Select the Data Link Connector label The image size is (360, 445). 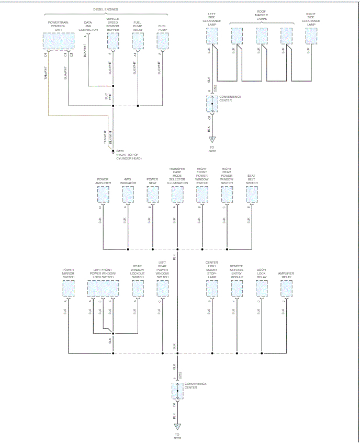coord(88,27)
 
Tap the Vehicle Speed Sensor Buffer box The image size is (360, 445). coord(113,41)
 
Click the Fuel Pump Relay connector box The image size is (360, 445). coord(138,41)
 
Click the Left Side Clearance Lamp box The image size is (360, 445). coord(212,36)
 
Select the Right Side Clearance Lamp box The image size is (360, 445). coord(311,36)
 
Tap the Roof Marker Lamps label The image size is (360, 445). coord(262,16)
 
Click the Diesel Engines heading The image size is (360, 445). coord(105,9)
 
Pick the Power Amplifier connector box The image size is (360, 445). coord(103,195)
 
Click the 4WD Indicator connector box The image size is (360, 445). coord(128,195)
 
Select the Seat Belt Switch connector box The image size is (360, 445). coord(252,195)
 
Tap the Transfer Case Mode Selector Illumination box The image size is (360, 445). coord(177,195)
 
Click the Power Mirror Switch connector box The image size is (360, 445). coord(68,289)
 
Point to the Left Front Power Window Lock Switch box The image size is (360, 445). coord(103,289)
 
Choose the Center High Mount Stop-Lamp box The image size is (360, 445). coord(212,289)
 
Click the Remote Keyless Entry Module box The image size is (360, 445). coord(237,289)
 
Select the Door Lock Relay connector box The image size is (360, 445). coord(262,289)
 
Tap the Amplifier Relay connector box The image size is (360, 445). coord(286,289)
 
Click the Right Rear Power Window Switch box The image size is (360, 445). coord(227,195)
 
